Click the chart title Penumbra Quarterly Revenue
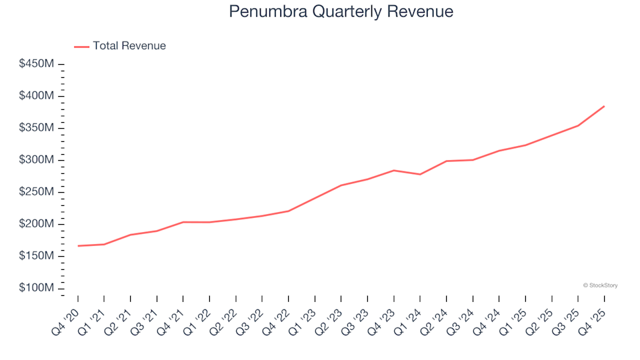341,11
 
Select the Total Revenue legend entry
129,46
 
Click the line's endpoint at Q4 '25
604,106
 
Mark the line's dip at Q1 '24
420,174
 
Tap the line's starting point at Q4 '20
78,246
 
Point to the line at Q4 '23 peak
393,170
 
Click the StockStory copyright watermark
600,285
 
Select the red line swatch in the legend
81,47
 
